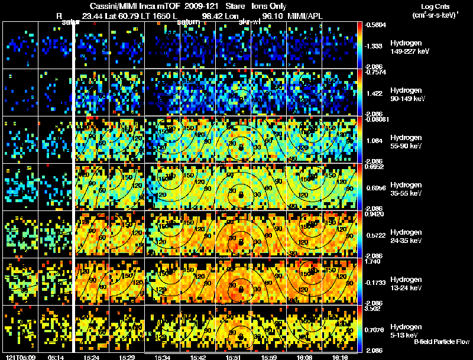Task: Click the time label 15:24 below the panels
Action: pyautogui.click(x=91, y=357)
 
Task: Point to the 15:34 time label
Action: pyautogui.click(x=161, y=357)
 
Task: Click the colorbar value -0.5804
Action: pyautogui.click(x=377, y=25)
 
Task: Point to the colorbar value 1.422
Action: pyautogui.click(x=377, y=93)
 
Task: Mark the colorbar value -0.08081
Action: pyautogui.click(x=379, y=119)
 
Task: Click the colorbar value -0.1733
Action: pyautogui.click(x=377, y=283)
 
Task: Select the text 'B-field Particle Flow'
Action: pyautogui.click(x=442, y=342)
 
